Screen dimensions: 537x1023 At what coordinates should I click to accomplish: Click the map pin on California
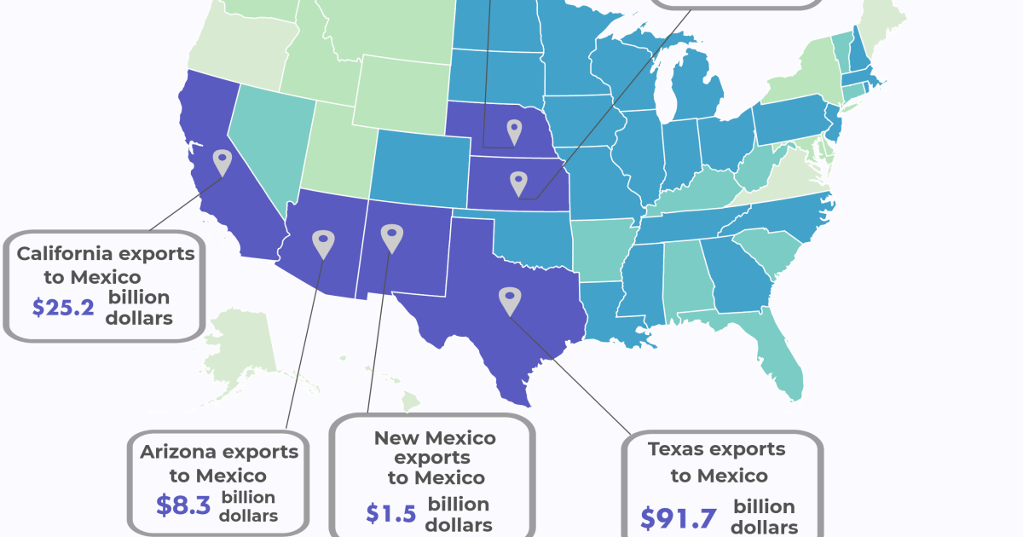tap(222, 161)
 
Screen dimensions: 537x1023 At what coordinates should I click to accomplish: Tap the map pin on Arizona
tap(322, 243)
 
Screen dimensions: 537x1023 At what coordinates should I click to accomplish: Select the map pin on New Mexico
tap(390, 238)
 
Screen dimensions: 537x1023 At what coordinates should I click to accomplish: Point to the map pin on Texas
tap(509, 299)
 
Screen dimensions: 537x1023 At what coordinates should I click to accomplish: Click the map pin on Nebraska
tap(513, 131)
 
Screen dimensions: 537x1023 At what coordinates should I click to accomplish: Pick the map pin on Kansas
tap(518, 182)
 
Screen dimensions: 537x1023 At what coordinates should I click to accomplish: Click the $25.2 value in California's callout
tap(62, 308)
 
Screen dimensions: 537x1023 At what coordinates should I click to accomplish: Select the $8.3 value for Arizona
tap(182, 505)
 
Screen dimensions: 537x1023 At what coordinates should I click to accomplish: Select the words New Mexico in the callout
tap(435, 438)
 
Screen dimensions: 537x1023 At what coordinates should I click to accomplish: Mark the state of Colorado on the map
tap(418, 166)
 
